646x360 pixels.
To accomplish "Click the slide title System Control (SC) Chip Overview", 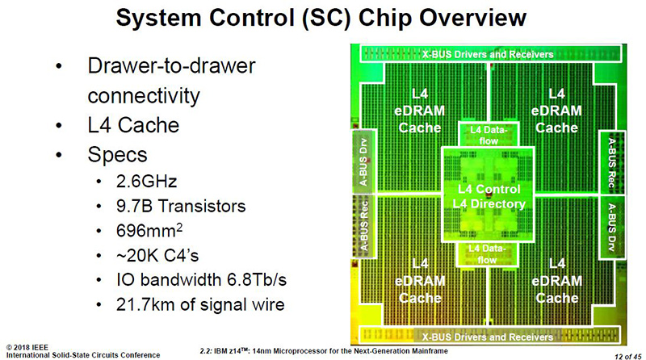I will [x=323, y=19].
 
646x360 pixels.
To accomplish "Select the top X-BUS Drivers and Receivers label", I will [x=488, y=54].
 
